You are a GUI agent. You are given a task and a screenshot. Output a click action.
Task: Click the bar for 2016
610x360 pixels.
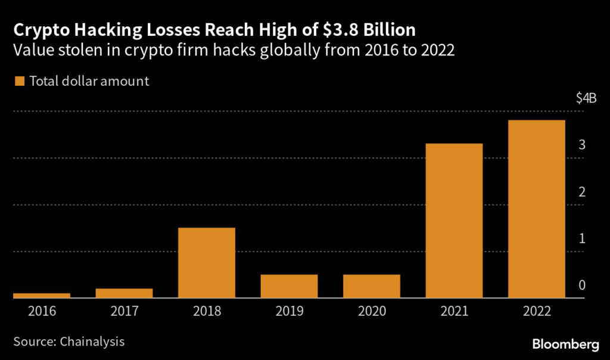tap(42, 295)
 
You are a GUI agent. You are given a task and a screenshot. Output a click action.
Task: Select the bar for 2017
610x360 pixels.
tap(124, 293)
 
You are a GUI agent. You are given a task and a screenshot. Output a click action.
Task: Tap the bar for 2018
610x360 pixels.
tap(207, 262)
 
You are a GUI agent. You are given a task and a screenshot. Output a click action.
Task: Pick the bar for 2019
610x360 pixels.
tap(289, 286)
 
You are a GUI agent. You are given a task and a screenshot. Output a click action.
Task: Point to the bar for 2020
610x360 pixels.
tap(371, 286)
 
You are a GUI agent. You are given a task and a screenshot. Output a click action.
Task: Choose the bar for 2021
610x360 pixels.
tap(454, 221)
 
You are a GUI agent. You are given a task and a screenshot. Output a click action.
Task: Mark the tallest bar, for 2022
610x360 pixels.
tap(536, 209)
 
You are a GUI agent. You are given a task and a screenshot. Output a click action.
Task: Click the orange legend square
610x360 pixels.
tap(20, 81)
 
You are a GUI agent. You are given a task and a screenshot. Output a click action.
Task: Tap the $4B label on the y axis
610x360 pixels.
tap(586, 99)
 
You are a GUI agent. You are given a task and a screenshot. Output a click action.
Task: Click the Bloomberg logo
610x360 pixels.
tap(565, 344)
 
